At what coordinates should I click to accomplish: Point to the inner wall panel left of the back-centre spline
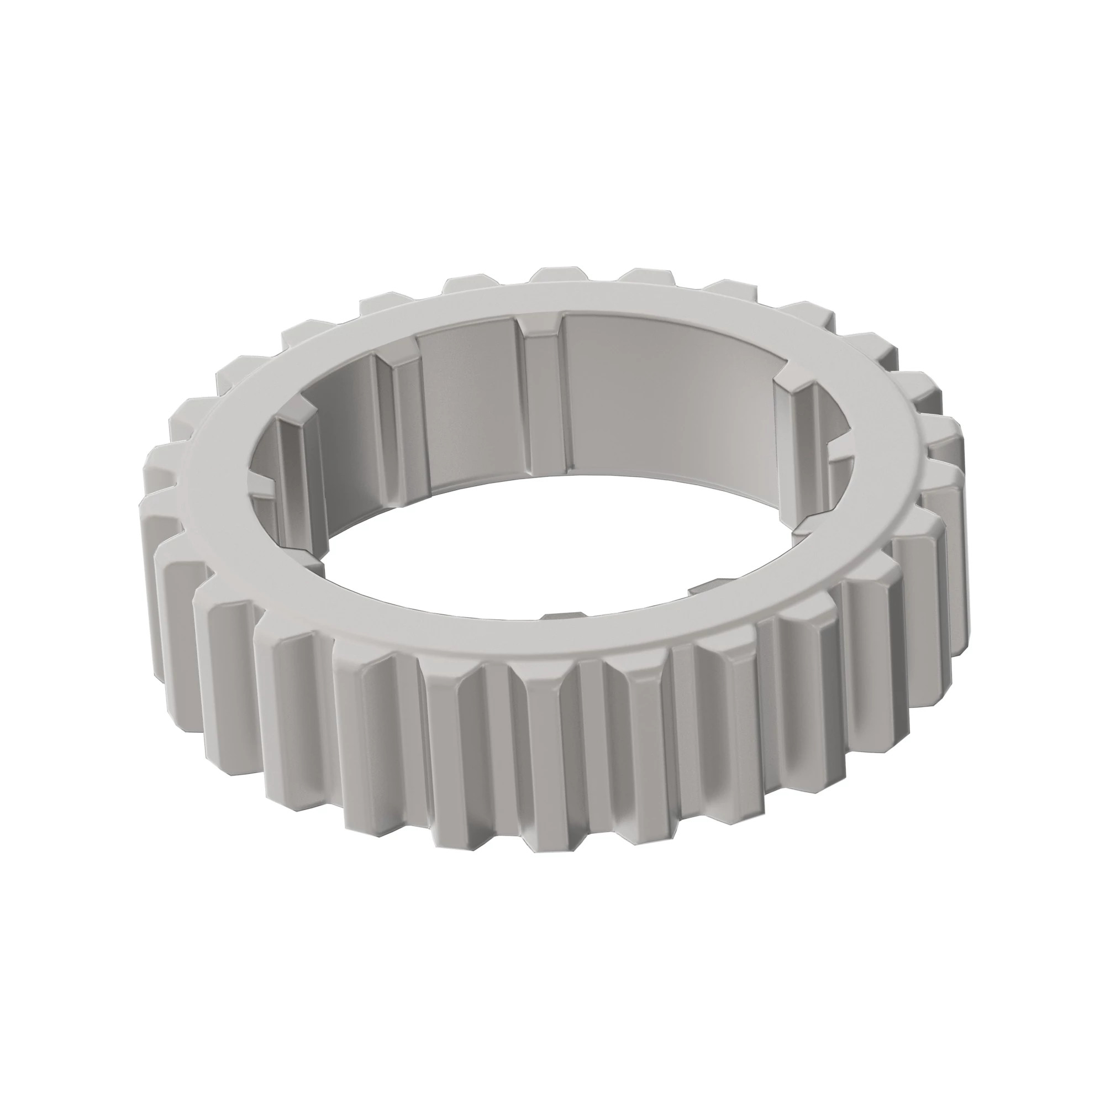click(x=469, y=401)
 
